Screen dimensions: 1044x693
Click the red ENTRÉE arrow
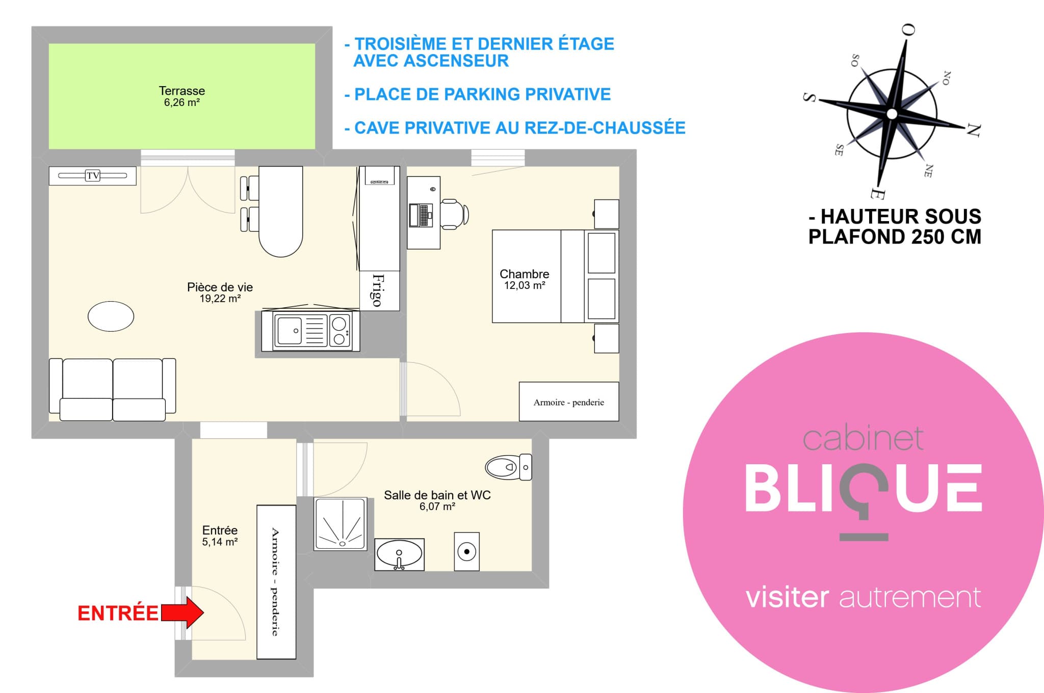(182, 612)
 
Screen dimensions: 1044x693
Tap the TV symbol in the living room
(93, 176)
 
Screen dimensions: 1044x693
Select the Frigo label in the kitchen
(378, 290)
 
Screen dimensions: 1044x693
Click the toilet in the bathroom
(508, 467)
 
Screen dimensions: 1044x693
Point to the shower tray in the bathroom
(340, 524)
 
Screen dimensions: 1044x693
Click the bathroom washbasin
(400, 554)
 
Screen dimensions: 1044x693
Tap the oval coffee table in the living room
(111, 316)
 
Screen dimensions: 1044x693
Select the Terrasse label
(182, 91)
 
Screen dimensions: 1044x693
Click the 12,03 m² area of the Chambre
(525, 286)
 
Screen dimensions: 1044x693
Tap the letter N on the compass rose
(974, 130)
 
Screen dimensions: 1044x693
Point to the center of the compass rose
(892, 114)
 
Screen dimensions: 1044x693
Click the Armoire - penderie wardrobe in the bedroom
(569, 402)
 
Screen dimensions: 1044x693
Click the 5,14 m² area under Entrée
(220, 542)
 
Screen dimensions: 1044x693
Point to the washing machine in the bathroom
(466, 551)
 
